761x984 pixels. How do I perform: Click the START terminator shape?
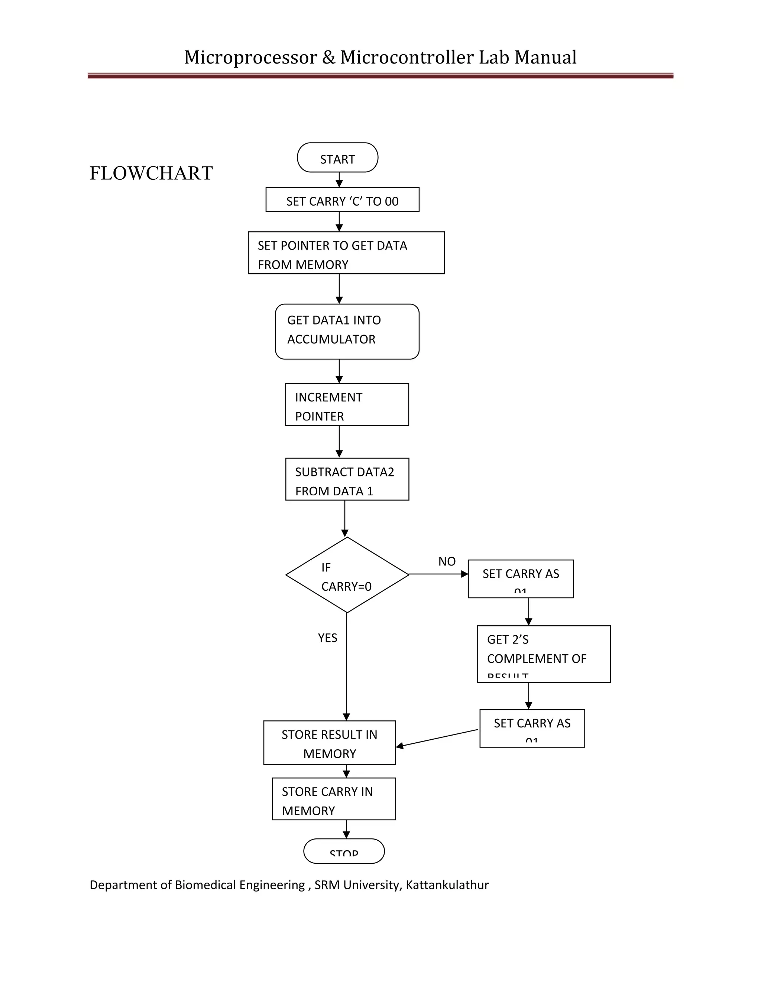click(x=337, y=158)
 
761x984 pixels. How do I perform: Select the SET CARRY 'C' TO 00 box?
click(x=342, y=200)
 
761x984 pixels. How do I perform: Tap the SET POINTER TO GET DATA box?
click(x=346, y=253)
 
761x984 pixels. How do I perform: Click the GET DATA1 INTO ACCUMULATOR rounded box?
click(x=347, y=332)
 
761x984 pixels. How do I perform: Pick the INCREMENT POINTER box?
click(x=347, y=405)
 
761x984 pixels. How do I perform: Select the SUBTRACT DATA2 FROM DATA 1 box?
click(x=347, y=479)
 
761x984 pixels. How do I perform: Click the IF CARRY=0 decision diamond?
click(x=347, y=575)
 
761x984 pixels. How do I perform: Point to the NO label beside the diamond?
click(x=447, y=561)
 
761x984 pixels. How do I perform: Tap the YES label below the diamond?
click(x=327, y=638)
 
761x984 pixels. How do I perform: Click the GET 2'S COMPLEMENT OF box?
click(x=543, y=654)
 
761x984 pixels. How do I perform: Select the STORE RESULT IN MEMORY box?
click(x=329, y=743)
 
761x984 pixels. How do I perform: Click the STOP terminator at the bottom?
click(x=344, y=851)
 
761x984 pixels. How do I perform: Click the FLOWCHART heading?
click(x=151, y=173)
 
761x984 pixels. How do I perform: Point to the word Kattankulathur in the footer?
click(x=447, y=885)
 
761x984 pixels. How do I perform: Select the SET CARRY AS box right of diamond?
click(x=521, y=579)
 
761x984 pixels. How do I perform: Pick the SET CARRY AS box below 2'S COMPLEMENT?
click(x=532, y=728)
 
